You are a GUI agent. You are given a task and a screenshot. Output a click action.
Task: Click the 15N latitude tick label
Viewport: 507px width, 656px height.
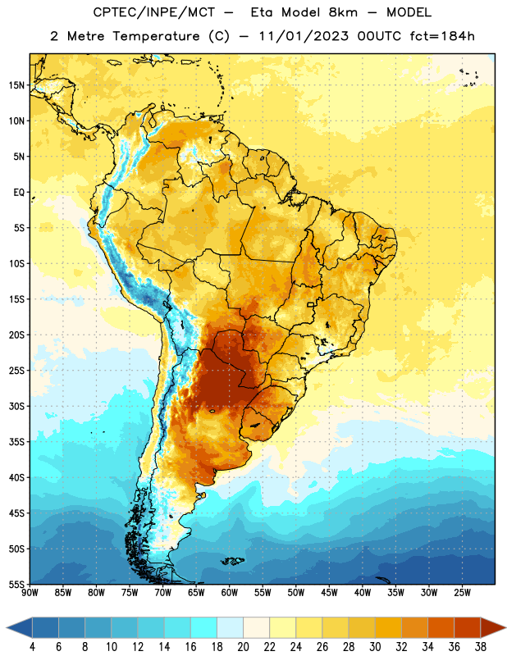pyautogui.click(x=16, y=85)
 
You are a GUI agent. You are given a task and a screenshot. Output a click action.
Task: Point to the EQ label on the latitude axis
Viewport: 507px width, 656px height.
pyautogui.click(x=19, y=193)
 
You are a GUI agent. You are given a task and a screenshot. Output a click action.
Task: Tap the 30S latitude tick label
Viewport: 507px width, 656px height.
pyautogui.click(x=16, y=406)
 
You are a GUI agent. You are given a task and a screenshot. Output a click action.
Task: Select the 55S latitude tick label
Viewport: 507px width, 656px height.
pyautogui.click(x=16, y=584)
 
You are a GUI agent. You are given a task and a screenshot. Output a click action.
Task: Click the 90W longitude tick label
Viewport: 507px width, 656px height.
pyautogui.click(x=30, y=593)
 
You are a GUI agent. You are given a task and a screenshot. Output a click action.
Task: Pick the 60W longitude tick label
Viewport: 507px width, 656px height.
pyautogui.click(x=230, y=593)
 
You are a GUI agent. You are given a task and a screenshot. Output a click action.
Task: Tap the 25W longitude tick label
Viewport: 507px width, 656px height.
pyautogui.click(x=462, y=593)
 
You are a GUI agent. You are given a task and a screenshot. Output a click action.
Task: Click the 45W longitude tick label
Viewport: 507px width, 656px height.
pyautogui.click(x=329, y=593)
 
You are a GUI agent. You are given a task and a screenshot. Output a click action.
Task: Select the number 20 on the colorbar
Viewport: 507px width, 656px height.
pyautogui.click(x=243, y=647)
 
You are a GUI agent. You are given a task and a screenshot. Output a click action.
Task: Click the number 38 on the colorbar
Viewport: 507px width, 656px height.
pyautogui.click(x=480, y=647)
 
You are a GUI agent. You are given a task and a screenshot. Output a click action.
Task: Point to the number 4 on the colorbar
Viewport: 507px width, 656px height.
pyautogui.click(x=32, y=647)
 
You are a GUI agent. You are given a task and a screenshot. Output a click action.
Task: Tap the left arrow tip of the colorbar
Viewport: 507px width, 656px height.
pyautogui.click(x=7, y=627)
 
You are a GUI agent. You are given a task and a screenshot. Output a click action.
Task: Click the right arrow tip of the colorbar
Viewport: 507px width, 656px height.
pyautogui.click(x=505, y=627)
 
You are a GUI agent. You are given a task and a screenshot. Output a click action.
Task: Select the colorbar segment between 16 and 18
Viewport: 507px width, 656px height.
pyautogui.click(x=204, y=627)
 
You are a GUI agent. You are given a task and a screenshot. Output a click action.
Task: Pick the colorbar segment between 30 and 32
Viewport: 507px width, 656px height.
pyautogui.click(x=388, y=627)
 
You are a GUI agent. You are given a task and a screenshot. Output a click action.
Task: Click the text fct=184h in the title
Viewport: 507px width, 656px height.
pyautogui.click(x=442, y=36)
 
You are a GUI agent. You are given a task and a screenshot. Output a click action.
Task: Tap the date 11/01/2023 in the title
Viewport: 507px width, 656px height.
pyautogui.click(x=304, y=36)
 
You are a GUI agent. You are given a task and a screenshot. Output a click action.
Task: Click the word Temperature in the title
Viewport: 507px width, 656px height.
pyautogui.click(x=156, y=37)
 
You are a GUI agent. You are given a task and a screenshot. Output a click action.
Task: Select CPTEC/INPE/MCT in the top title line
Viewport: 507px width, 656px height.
pyautogui.click(x=154, y=12)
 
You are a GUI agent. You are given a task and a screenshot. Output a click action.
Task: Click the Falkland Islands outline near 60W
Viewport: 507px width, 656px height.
pyautogui.click(x=232, y=561)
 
